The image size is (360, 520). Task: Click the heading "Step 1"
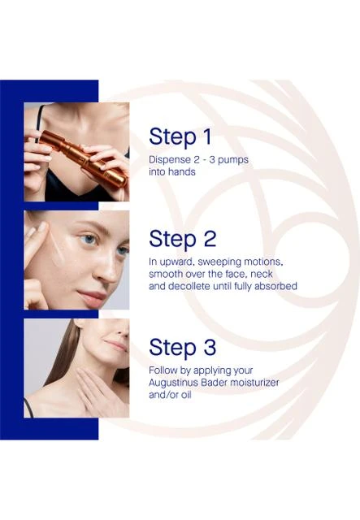(180, 136)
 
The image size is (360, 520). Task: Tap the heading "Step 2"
(183, 239)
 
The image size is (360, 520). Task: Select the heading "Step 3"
(183, 348)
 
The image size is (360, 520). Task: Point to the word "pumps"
(233, 160)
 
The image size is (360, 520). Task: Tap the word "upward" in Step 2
(177, 262)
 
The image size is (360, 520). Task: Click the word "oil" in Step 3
(186, 395)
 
